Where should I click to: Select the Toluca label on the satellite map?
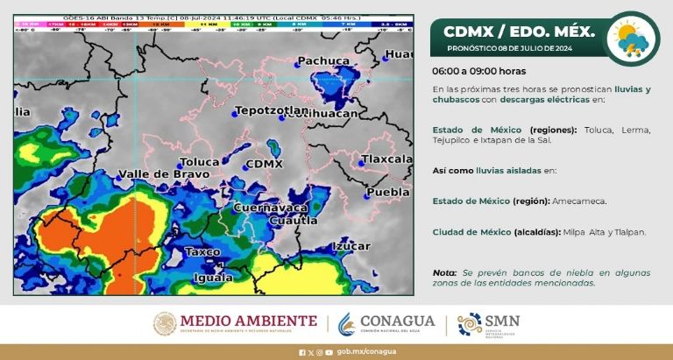(x=198, y=162)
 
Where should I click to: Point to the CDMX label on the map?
(x=265, y=164)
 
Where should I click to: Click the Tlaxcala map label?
(x=386, y=159)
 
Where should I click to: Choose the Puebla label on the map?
(x=388, y=192)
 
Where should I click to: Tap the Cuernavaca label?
(x=270, y=208)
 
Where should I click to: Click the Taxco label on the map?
(x=203, y=251)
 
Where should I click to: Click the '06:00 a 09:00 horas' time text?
(x=478, y=71)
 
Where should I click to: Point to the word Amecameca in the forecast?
(x=578, y=201)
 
